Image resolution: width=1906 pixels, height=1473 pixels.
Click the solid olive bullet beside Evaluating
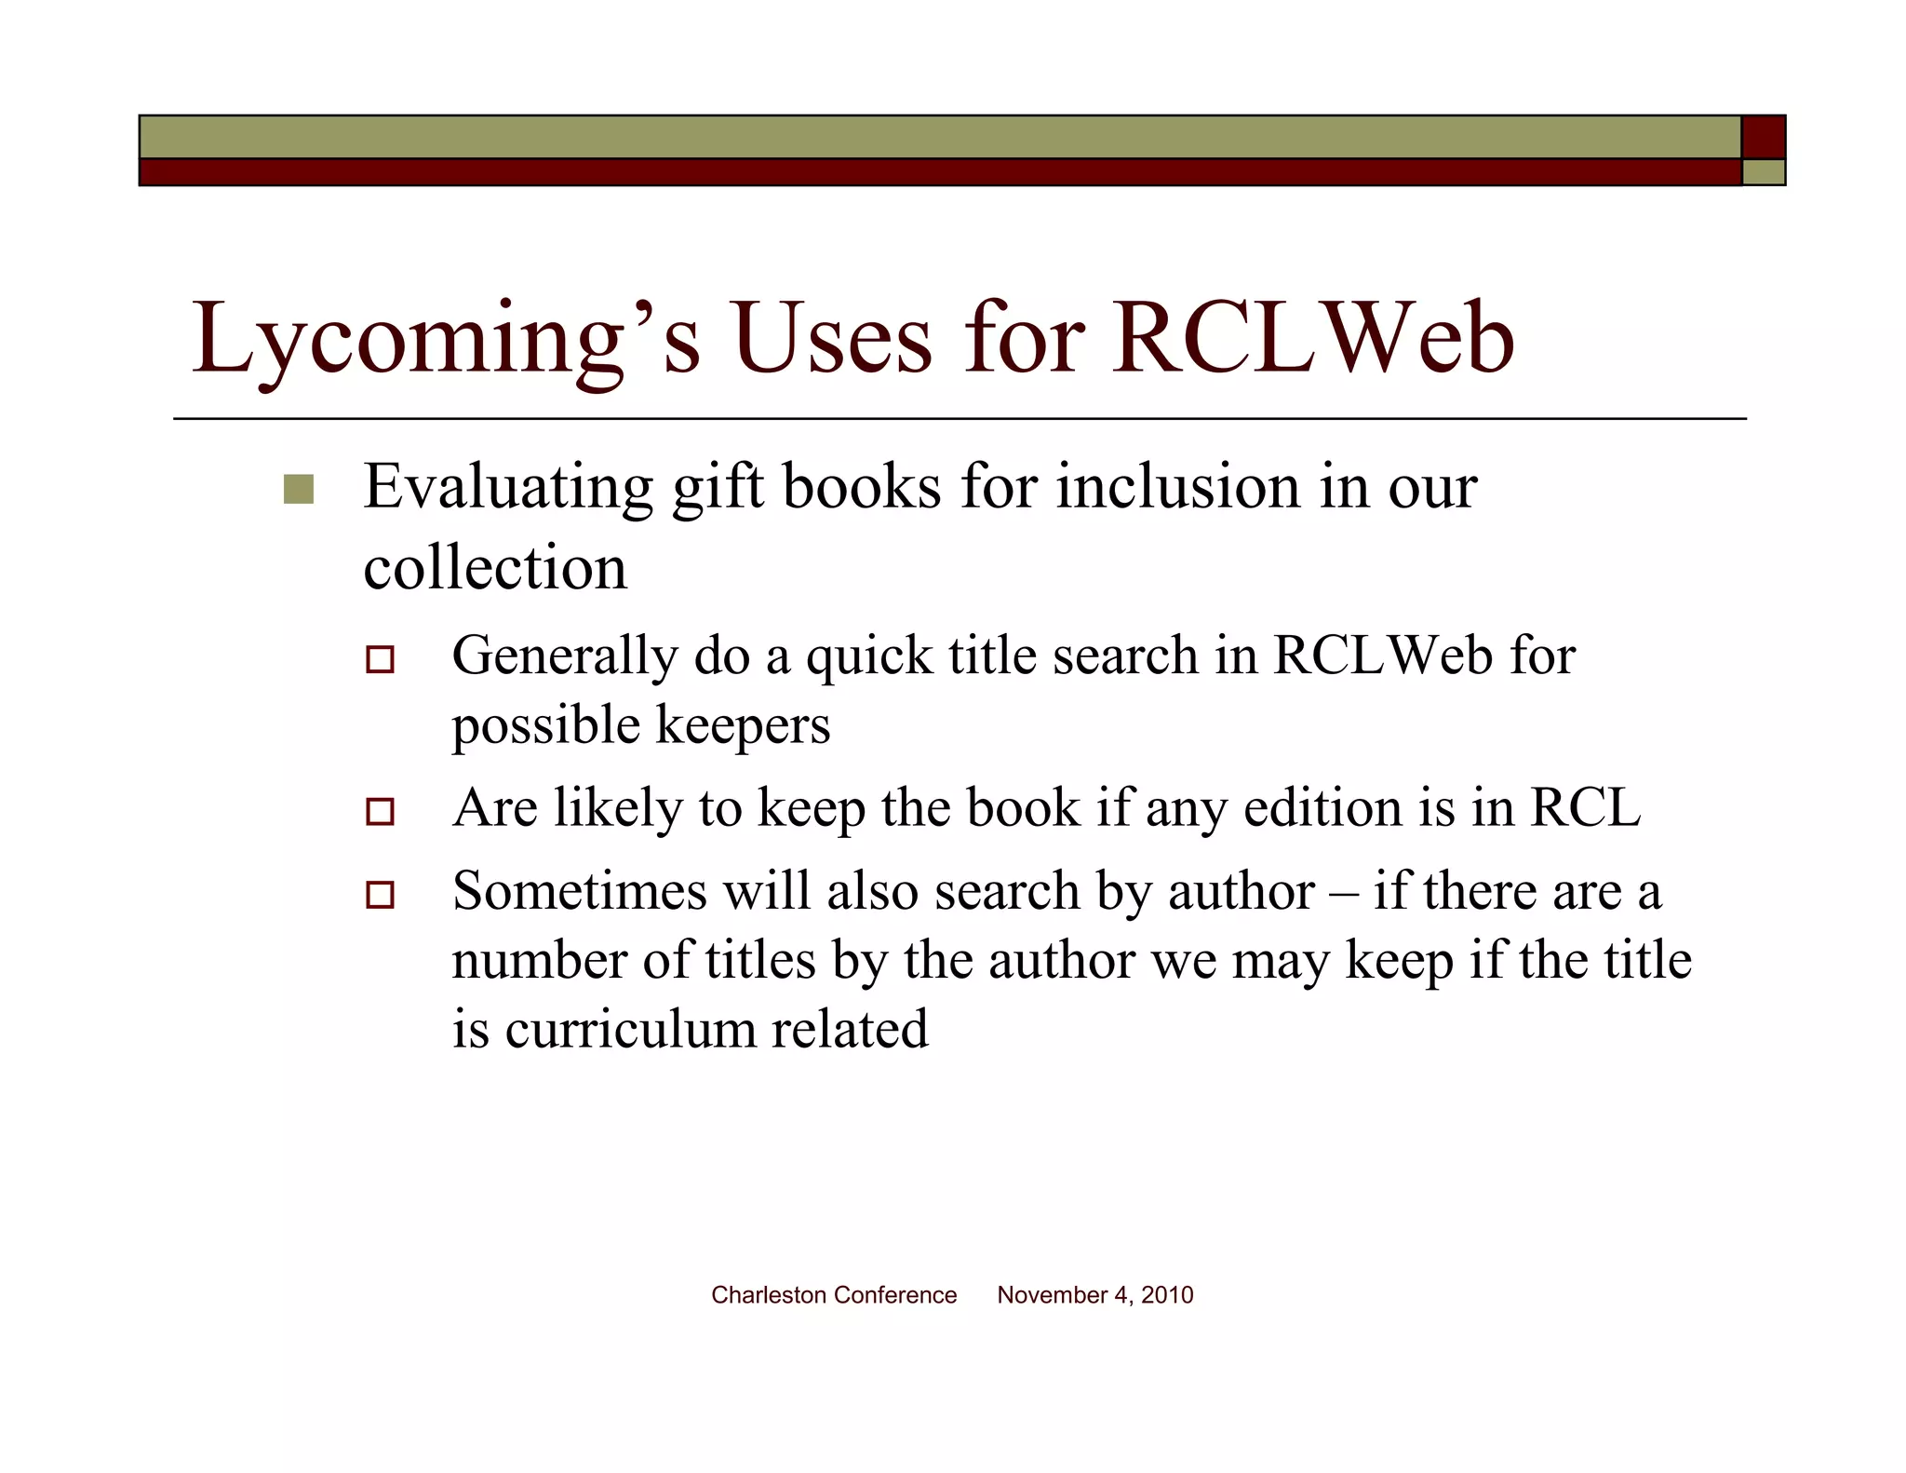(x=298, y=489)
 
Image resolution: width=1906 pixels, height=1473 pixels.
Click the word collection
(x=495, y=568)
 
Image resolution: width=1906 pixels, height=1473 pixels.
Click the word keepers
(x=743, y=725)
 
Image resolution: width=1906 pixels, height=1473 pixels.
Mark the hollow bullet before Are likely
(x=380, y=812)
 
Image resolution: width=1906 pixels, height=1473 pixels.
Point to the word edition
(x=1322, y=807)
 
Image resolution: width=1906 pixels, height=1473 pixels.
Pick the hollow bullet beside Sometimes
(x=380, y=896)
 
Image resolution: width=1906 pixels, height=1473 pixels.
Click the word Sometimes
(x=580, y=891)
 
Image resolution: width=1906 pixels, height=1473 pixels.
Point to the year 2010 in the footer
(x=1167, y=1295)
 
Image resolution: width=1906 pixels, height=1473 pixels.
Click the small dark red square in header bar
(x=1764, y=138)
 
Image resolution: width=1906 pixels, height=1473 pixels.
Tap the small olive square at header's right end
(x=1764, y=172)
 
